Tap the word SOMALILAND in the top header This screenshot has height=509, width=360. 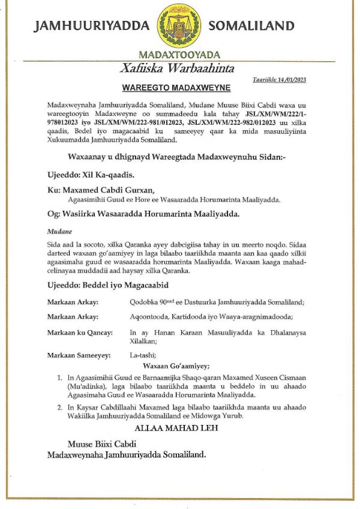[x=251, y=26]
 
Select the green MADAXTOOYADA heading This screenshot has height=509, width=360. [x=179, y=55]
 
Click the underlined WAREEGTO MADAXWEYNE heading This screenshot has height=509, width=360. [x=176, y=88]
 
